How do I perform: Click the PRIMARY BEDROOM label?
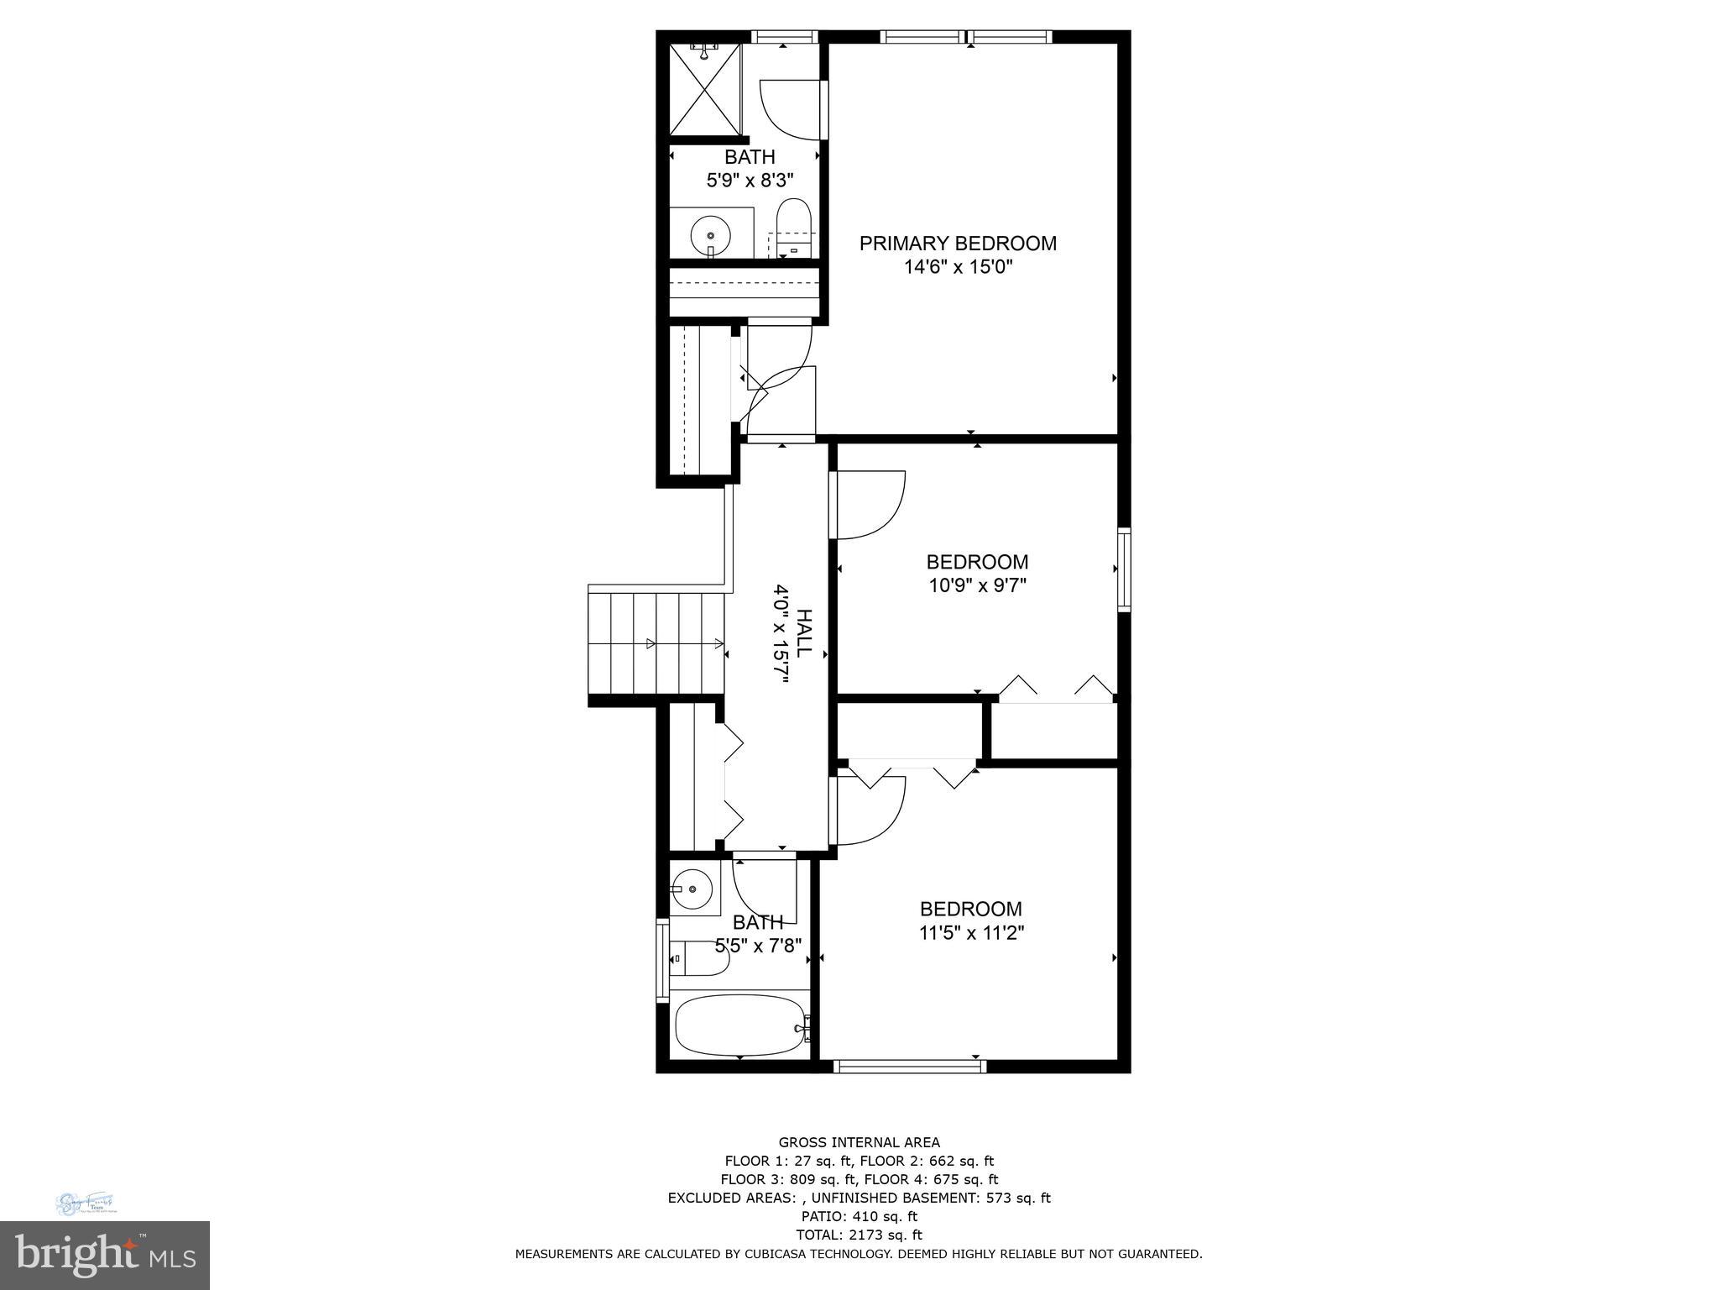(958, 244)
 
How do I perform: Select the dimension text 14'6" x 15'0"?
(958, 268)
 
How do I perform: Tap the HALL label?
(803, 632)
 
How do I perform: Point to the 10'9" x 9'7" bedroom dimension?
(977, 585)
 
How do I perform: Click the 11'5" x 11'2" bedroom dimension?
(971, 933)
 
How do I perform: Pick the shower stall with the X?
(706, 90)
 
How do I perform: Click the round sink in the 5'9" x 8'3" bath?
(710, 236)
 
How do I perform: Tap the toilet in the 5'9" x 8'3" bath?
(792, 225)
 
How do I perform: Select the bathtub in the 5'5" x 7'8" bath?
(739, 1025)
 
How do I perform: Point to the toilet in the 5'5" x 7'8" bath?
(699, 958)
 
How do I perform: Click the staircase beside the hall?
(656, 644)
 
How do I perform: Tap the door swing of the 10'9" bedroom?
(869, 506)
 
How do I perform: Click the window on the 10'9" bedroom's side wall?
(1124, 569)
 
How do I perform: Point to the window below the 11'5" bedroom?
(909, 1067)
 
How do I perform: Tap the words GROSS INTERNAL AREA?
(859, 1142)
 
